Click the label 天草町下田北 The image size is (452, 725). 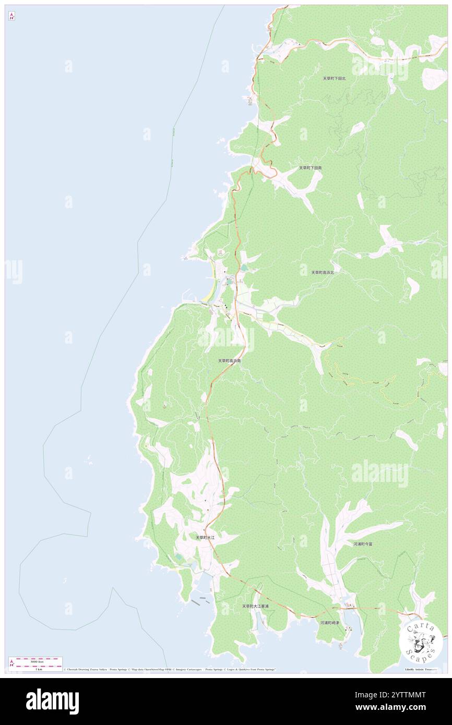point(334,78)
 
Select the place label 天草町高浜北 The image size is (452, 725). point(323,272)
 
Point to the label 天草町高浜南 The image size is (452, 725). point(229,360)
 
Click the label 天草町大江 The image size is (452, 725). point(205,537)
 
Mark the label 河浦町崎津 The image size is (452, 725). point(329,623)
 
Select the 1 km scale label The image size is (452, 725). point(35,669)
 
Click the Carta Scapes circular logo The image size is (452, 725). point(421,640)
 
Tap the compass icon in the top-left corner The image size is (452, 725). point(11,16)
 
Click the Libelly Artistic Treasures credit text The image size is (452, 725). point(421,669)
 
